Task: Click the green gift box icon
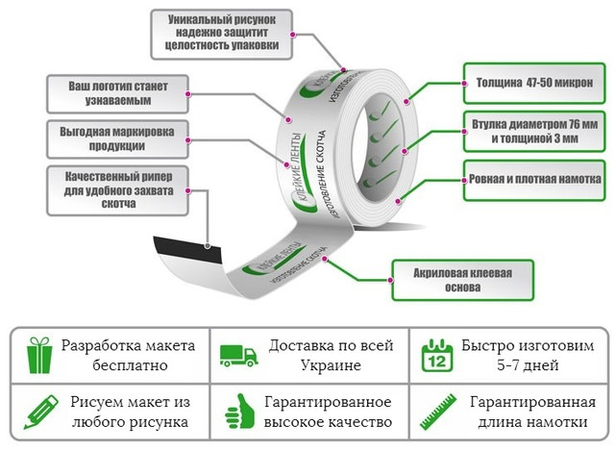(39, 356)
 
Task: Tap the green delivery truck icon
(239, 356)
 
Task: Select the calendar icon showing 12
(437, 356)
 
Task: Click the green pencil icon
(40, 412)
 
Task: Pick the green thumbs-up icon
(239, 412)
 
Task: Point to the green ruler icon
(438, 412)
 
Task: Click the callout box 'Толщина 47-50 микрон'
(534, 84)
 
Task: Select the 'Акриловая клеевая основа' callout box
(463, 280)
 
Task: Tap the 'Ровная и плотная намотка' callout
(534, 180)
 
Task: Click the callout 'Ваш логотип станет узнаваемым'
(117, 94)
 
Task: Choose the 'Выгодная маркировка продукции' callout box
(117, 139)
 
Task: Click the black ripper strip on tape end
(187, 250)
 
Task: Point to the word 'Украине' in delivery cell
(331, 365)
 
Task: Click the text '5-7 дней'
(528, 365)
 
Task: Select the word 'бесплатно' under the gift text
(130, 365)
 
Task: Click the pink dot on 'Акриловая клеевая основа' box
(391, 280)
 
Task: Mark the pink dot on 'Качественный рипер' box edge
(188, 191)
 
